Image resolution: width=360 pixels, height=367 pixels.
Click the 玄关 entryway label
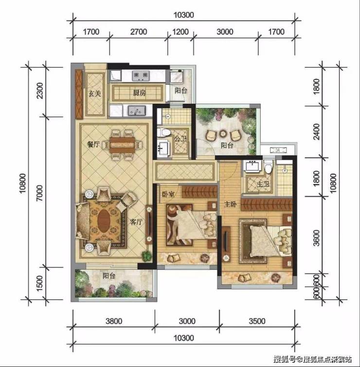pos(95,93)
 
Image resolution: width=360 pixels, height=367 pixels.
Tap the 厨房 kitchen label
pos(140,93)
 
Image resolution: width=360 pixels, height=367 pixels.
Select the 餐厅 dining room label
pos(93,144)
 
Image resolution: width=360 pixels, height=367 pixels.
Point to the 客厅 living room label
pos(136,221)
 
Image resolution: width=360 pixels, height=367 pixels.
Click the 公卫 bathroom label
pos(180,139)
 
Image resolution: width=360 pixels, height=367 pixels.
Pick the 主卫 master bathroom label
pos(263,184)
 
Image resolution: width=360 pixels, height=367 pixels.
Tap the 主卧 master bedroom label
pos(231,204)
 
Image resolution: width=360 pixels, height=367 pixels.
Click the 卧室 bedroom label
pos(168,194)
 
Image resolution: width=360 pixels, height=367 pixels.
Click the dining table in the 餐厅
pos(122,145)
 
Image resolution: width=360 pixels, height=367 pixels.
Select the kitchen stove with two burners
pos(141,75)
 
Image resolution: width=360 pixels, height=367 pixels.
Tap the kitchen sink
pos(137,110)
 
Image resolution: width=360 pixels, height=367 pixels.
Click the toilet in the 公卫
pos(163,132)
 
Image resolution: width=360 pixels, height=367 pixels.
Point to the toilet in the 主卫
pos(269,167)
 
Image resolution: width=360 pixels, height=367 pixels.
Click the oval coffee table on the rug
pos(104,221)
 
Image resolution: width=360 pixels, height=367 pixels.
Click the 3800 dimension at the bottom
pos(114,321)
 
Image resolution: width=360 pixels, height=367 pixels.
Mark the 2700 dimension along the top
pos(139,32)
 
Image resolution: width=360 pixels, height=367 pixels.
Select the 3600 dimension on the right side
pos(316,238)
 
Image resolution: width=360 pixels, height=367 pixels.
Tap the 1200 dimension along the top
pos(180,32)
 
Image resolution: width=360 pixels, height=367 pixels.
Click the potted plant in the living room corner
pos(146,256)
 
